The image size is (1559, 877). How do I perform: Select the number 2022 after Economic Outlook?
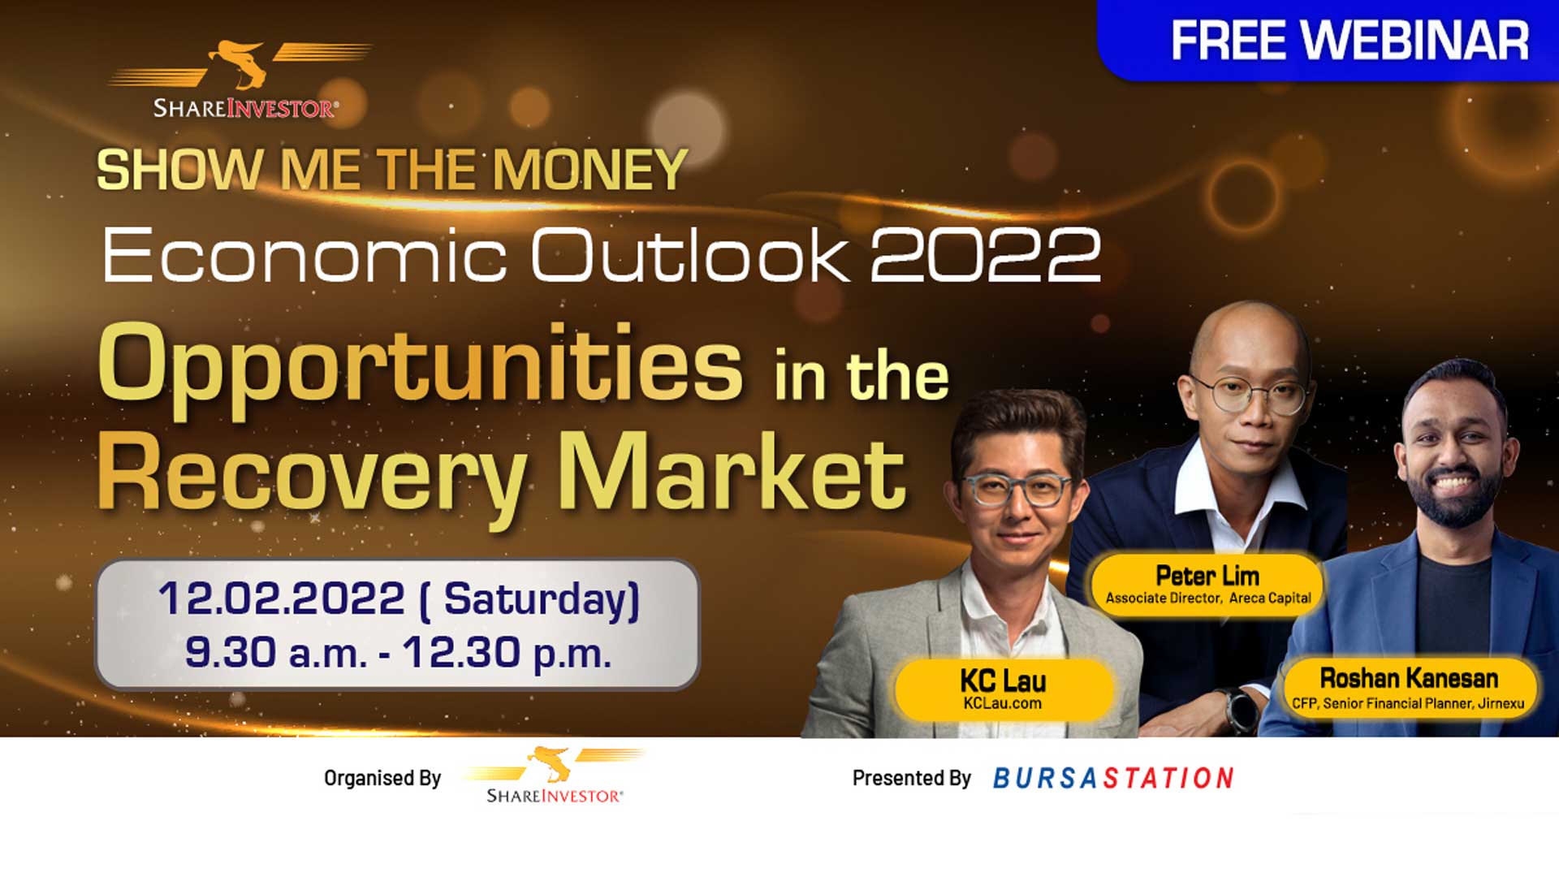click(985, 255)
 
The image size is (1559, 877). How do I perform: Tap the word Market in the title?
click(732, 471)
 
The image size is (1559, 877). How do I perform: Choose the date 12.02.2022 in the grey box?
click(281, 598)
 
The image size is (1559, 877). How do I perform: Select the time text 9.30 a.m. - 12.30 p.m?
click(398, 652)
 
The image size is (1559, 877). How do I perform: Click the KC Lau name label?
click(1003, 680)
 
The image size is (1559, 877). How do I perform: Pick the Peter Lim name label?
click(1207, 576)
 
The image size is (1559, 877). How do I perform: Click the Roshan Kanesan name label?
click(1409, 678)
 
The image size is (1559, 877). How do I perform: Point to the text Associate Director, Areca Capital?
click(1208, 598)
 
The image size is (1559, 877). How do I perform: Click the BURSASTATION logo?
click(1113, 778)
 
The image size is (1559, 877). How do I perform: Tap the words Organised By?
click(382, 778)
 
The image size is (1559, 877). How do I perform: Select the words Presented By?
click(911, 778)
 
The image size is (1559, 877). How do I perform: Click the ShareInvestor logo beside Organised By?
click(554, 776)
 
